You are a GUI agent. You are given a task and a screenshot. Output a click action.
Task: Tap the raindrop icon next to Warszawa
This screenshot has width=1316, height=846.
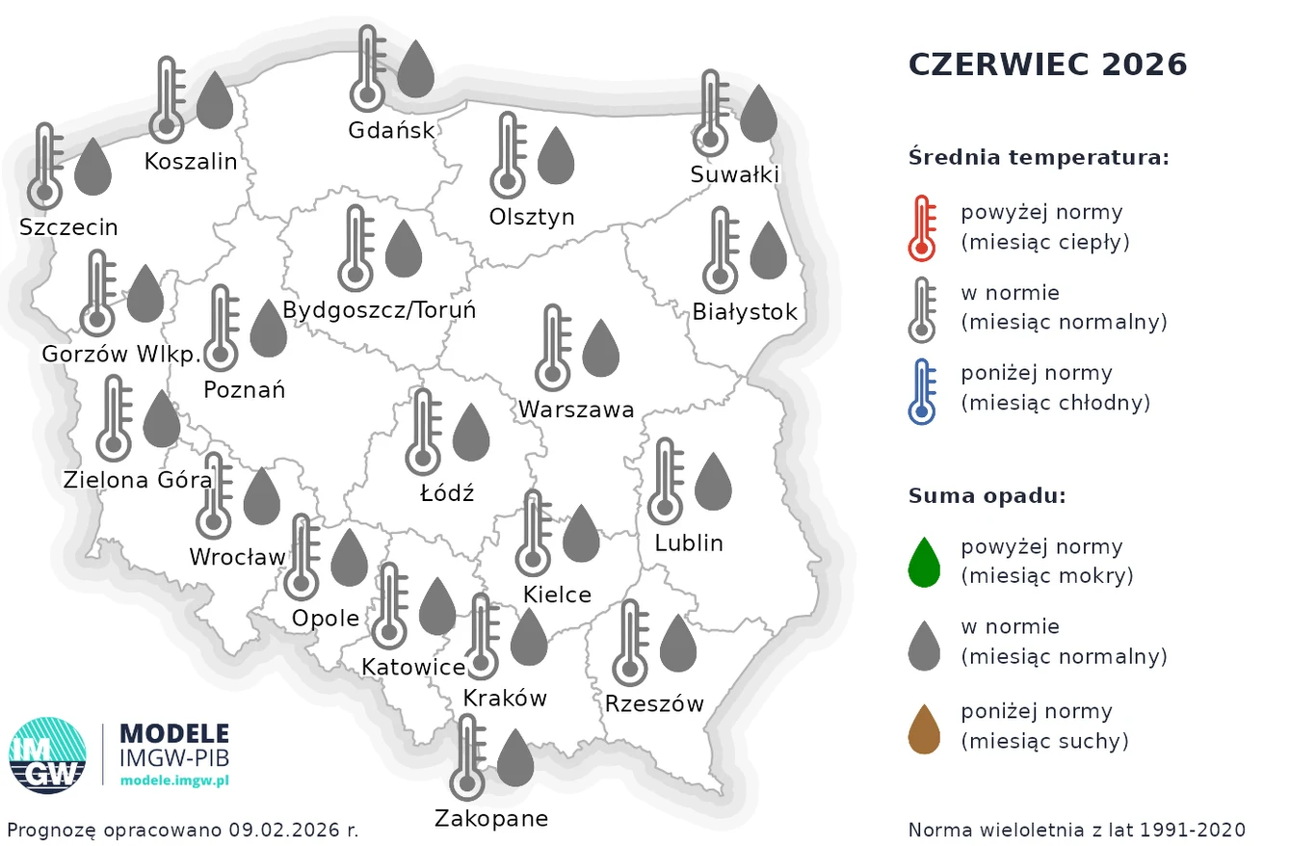tap(602, 349)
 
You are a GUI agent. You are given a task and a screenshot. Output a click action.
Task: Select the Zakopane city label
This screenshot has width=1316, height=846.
tap(491, 819)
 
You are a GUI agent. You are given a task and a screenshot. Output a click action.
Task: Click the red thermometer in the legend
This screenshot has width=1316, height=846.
tap(922, 228)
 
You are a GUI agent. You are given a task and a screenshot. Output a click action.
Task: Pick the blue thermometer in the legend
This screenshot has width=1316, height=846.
tap(922, 390)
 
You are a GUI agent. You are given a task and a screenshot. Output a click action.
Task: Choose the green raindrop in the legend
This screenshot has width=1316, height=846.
tap(924, 563)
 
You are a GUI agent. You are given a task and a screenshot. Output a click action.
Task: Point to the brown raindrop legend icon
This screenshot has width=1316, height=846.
tap(924, 729)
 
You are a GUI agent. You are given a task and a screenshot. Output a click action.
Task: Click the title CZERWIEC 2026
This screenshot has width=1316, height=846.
tap(1047, 65)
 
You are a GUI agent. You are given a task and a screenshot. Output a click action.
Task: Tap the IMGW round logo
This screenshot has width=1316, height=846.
tap(47, 755)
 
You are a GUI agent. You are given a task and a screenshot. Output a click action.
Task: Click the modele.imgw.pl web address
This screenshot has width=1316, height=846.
tap(174, 781)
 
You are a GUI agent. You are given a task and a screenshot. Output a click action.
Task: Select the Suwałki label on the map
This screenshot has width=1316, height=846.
tap(734, 174)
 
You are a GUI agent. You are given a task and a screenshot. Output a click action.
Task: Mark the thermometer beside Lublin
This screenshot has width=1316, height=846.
tap(665, 482)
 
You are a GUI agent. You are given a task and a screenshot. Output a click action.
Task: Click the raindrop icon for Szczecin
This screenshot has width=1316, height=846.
tap(93, 167)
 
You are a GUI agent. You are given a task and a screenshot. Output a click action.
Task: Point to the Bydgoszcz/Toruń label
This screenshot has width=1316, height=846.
tap(380, 311)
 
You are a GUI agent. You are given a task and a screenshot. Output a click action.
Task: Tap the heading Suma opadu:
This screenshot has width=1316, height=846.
tap(987, 496)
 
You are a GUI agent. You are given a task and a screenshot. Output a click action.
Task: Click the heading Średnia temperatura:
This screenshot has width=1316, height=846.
tap(1038, 157)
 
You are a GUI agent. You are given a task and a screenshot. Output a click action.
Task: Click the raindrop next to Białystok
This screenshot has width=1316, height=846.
tap(769, 251)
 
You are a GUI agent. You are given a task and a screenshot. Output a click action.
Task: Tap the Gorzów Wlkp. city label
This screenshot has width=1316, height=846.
tap(120, 355)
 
